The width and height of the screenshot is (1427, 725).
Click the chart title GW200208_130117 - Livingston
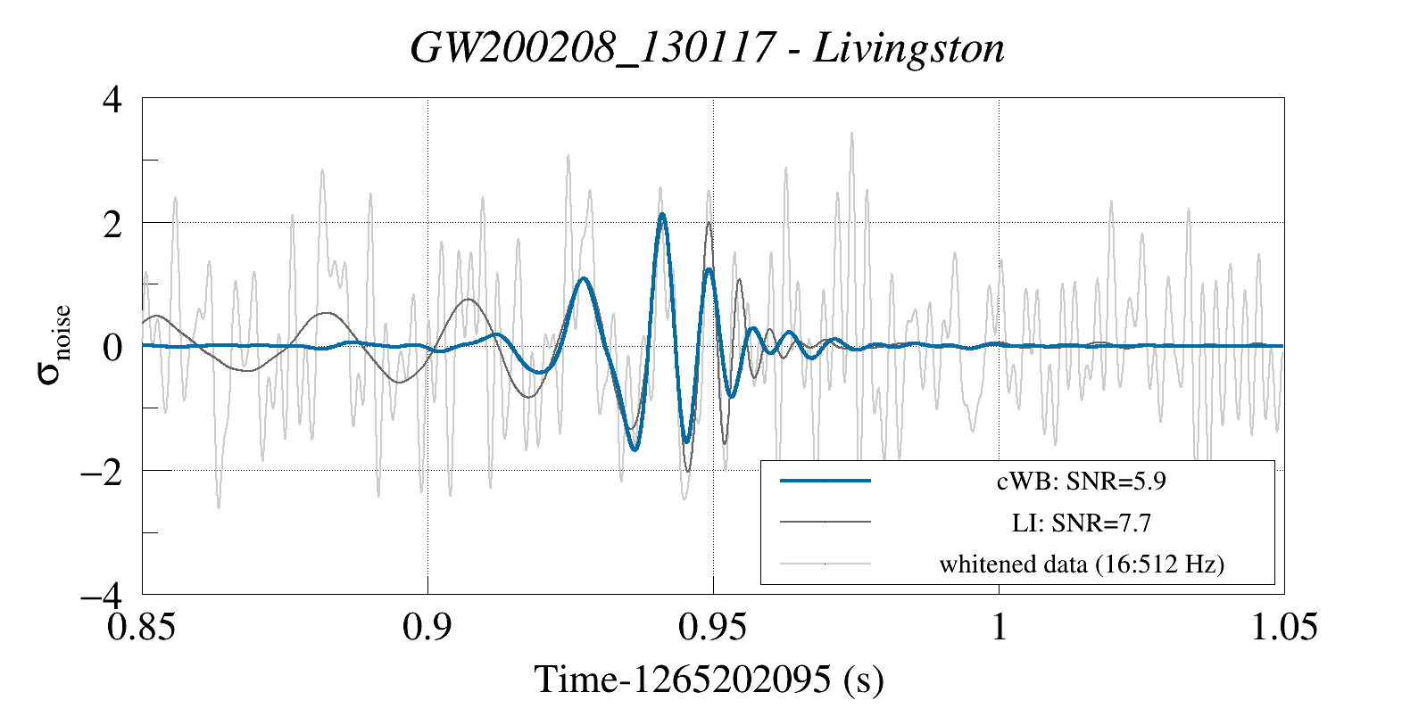707,48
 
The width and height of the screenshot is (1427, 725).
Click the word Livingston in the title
909,48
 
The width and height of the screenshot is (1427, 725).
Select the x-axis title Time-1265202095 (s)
709,680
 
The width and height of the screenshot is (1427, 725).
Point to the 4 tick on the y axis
112,99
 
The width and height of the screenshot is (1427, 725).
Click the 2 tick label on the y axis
112,223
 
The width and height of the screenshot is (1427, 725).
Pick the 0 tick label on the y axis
112,347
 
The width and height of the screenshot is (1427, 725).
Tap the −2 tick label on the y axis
101,471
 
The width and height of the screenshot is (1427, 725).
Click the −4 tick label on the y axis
101,594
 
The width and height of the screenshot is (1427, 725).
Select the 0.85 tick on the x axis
141,627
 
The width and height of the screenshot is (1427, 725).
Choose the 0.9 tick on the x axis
427,627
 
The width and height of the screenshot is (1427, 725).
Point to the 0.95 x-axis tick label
712,627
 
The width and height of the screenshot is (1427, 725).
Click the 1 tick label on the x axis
999,627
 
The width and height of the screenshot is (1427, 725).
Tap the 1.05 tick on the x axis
1283,627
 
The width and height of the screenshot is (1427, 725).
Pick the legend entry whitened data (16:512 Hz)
1081,564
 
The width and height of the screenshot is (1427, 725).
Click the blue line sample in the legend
825,482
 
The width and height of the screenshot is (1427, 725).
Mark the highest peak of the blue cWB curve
661,214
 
